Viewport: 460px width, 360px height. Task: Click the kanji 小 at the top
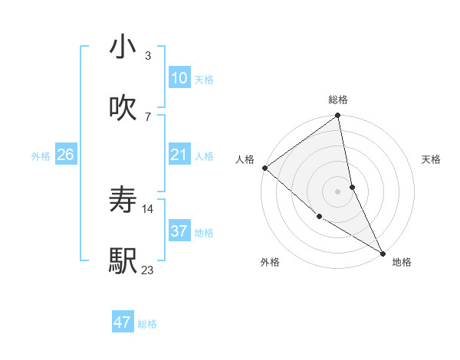123,47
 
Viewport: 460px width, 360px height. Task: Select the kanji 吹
123,108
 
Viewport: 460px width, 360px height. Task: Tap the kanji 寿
123,201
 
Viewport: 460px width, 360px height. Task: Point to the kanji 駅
123,261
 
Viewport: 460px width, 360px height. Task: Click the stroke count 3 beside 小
147,56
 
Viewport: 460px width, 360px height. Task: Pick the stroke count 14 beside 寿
148,208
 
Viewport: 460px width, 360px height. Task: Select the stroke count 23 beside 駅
147,270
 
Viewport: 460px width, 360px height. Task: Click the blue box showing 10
179,78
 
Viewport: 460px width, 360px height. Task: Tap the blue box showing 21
179,155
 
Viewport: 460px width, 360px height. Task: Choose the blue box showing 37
179,232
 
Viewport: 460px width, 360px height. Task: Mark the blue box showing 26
65,155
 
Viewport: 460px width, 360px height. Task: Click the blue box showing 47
123,322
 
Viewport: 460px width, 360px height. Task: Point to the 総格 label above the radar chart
338,100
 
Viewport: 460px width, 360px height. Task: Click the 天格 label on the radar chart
432,159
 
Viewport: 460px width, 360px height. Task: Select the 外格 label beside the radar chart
270,263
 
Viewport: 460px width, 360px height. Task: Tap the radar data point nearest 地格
383,252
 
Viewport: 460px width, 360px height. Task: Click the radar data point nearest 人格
264,168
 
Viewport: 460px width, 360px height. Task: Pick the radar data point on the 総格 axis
338,116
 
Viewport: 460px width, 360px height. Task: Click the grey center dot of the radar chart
338,191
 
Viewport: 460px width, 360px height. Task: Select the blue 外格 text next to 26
41,156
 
